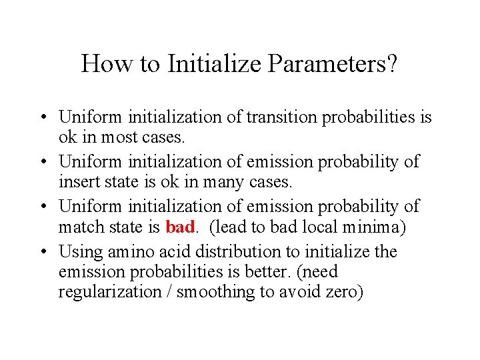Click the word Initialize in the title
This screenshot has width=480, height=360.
coord(209,65)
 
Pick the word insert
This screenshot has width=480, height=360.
coord(78,181)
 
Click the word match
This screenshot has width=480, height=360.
coord(81,227)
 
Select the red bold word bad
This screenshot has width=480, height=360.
coord(179,227)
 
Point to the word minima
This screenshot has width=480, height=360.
coord(374,227)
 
